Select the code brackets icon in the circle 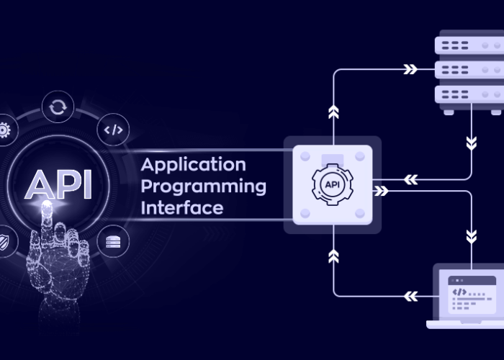coord(114,130)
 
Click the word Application coord(193,165)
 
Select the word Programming coord(203,186)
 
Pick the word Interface coord(181,208)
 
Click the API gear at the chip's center coord(333,184)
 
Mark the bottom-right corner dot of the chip coord(360,213)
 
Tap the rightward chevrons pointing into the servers coord(410,69)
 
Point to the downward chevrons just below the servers coord(472,142)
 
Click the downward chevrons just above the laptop coord(472,235)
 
